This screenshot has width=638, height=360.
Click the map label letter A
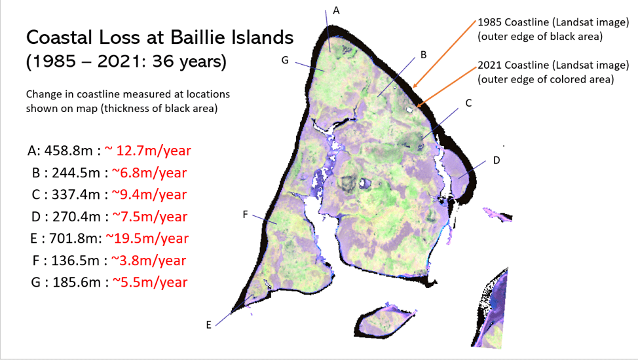336,10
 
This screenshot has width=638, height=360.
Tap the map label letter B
423,54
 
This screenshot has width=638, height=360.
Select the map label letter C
468,103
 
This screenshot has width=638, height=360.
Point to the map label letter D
497,160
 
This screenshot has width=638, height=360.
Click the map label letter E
209,325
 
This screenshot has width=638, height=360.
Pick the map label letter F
245,215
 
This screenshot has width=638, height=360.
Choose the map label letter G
285,60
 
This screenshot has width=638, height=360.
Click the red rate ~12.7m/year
147,151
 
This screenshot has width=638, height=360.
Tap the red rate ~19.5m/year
147,238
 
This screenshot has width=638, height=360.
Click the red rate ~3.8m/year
149,261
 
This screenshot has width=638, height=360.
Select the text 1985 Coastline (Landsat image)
554,22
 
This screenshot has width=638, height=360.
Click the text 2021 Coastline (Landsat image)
554,65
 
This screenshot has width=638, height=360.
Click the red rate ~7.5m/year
149,217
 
